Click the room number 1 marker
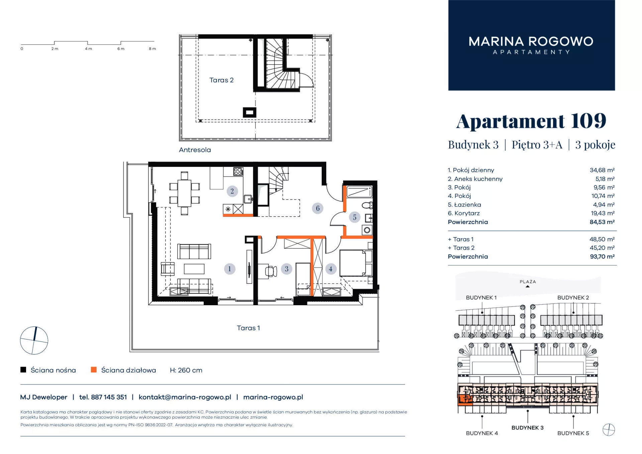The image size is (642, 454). [229, 269]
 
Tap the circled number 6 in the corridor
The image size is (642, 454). [318, 208]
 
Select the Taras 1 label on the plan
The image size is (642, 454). [248, 328]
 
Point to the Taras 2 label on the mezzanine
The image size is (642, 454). [221, 80]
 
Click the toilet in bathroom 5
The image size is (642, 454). [367, 205]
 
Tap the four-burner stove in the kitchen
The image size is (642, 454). [238, 172]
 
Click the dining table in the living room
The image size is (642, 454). [184, 193]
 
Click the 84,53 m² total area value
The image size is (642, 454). [602, 222]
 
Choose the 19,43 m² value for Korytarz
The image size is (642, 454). [603, 213]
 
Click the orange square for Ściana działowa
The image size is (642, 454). [94, 370]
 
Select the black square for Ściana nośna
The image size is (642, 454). [23, 370]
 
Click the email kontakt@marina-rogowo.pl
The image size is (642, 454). [185, 397]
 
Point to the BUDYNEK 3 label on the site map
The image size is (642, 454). [527, 428]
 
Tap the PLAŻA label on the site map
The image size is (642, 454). [528, 282]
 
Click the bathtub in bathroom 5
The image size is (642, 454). [359, 192]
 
